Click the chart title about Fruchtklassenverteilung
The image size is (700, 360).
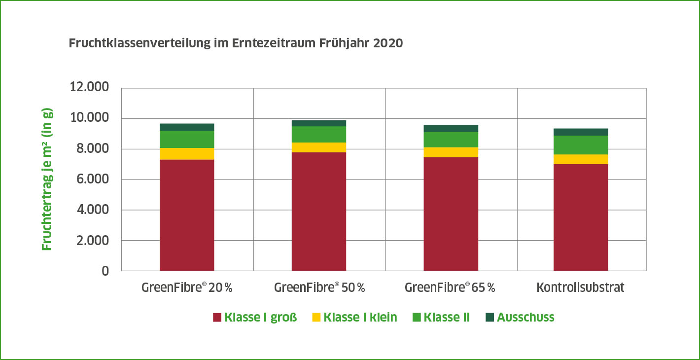click(x=236, y=43)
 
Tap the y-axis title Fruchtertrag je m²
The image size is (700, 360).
click(x=47, y=179)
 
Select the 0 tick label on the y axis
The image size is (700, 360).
click(x=105, y=271)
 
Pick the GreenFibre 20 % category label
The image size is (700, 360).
click(x=186, y=288)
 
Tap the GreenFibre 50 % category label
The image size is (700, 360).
click(x=319, y=288)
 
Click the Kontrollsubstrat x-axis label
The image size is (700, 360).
click(x=580, y=288)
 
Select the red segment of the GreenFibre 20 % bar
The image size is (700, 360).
click(x=187, y=215)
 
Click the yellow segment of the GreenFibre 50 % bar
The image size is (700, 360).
click(x=319, y=147)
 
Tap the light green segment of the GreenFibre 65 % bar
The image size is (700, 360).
click(x=451, y=140)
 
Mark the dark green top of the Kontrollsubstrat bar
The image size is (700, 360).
click(x=581, y=132)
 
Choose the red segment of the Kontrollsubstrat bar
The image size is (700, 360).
click(x=581, y=217)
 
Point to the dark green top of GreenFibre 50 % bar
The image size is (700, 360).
click(x=319, y=123)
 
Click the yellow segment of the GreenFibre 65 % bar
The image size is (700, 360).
click(x=451, y=152)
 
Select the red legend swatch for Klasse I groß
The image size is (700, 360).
click(x=217, y=317)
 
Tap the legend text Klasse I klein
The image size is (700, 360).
click(x=360, y=317)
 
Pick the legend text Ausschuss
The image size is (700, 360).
click(x=525, y=317)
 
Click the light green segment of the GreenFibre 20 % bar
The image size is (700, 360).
click(x=187, y=139)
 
